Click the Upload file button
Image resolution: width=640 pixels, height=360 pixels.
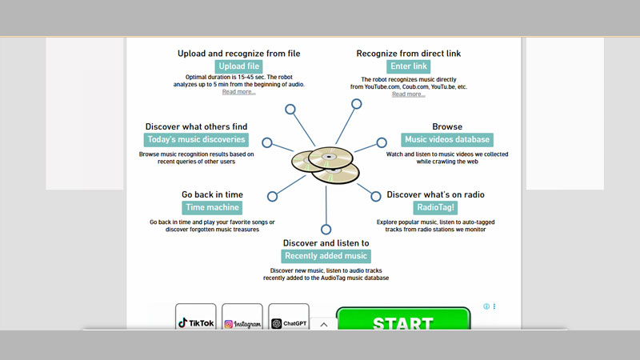238,66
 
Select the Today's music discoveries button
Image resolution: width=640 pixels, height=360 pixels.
196,140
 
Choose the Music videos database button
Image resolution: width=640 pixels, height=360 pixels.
447,140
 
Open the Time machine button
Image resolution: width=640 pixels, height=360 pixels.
212,207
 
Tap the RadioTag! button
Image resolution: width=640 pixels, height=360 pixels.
436,207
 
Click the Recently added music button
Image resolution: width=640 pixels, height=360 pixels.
326,256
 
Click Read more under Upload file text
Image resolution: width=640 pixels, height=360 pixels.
238,92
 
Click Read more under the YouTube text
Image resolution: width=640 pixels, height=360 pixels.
408,94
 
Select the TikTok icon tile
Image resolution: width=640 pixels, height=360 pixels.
196,319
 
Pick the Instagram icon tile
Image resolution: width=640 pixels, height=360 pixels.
242,319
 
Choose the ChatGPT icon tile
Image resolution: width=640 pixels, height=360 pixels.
289,319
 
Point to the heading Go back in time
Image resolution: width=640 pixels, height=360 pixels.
212,194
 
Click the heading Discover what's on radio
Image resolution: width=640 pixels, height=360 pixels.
436,194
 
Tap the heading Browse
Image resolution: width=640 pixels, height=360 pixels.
447,126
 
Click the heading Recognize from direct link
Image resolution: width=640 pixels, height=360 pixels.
408,54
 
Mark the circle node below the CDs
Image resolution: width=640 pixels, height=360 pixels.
326,230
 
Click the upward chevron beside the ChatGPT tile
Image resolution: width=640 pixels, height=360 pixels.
323,324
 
